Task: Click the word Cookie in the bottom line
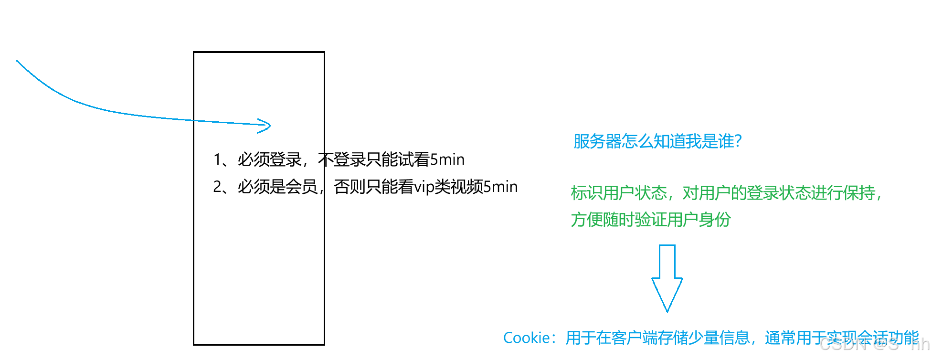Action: click(x=526, y=338)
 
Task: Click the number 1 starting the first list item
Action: click(x=217, y=159)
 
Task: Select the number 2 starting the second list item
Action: click(x=217, y=187)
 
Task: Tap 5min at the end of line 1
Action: click(x=447, y=159)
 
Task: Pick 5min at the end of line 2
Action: click(x=500, y=187)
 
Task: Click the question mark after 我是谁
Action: click(x=738, y=141)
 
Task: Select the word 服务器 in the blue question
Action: click(x=597, y=141)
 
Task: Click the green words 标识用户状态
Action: click(x=619, y=193)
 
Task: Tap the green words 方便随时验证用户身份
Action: click(x=651, y=220)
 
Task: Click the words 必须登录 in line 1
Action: click(x=270, y=159)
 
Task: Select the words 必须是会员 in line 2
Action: click(x=278, y=187)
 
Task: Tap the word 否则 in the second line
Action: click(x=349, y=187)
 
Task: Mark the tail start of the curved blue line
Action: click(x=18, y=61)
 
